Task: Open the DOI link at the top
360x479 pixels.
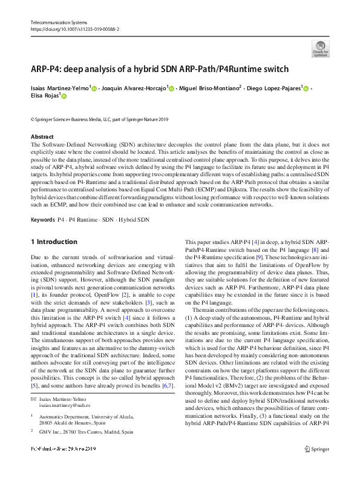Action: [x=74, y=29]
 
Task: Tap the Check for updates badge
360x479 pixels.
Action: [x=320, y=49]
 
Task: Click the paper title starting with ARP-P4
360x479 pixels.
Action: [x=159, y=69]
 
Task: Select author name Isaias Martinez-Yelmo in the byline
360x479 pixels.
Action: [x=60, y=88]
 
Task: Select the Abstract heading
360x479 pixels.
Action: [x=42, y=137]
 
